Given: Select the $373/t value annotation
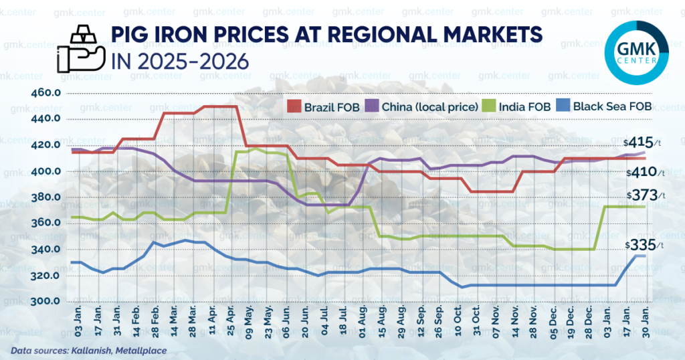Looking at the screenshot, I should tap(645, 195).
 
